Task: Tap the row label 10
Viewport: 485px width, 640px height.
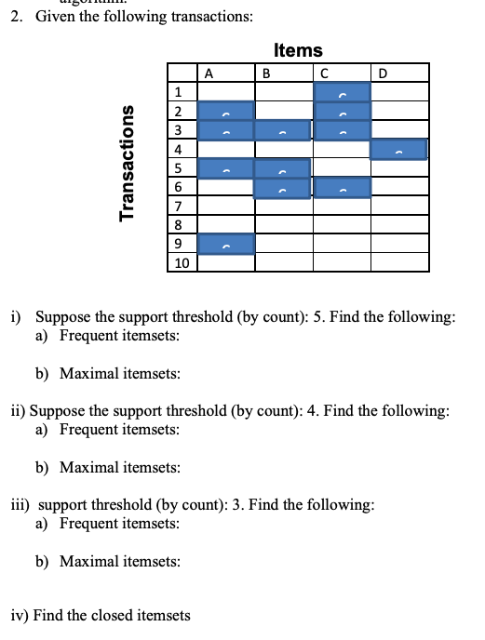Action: click(181, 263)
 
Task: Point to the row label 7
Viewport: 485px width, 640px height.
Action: click(177, 205)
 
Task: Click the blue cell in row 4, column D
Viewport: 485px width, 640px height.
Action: click(398, 149)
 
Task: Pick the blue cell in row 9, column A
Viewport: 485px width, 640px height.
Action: click(225, 244)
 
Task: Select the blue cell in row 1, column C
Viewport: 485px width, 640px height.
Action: click(343, 91)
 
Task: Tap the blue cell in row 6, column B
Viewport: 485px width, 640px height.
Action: click(282, 188)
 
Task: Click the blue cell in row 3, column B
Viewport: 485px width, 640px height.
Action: click(282, 130)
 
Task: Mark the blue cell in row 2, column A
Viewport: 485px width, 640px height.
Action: click(225, 112)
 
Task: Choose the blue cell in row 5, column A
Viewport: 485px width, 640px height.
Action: click(225, 169)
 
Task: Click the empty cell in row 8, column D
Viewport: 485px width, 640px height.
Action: click(399, 224)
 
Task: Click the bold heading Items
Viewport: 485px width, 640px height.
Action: click(299, 50)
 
